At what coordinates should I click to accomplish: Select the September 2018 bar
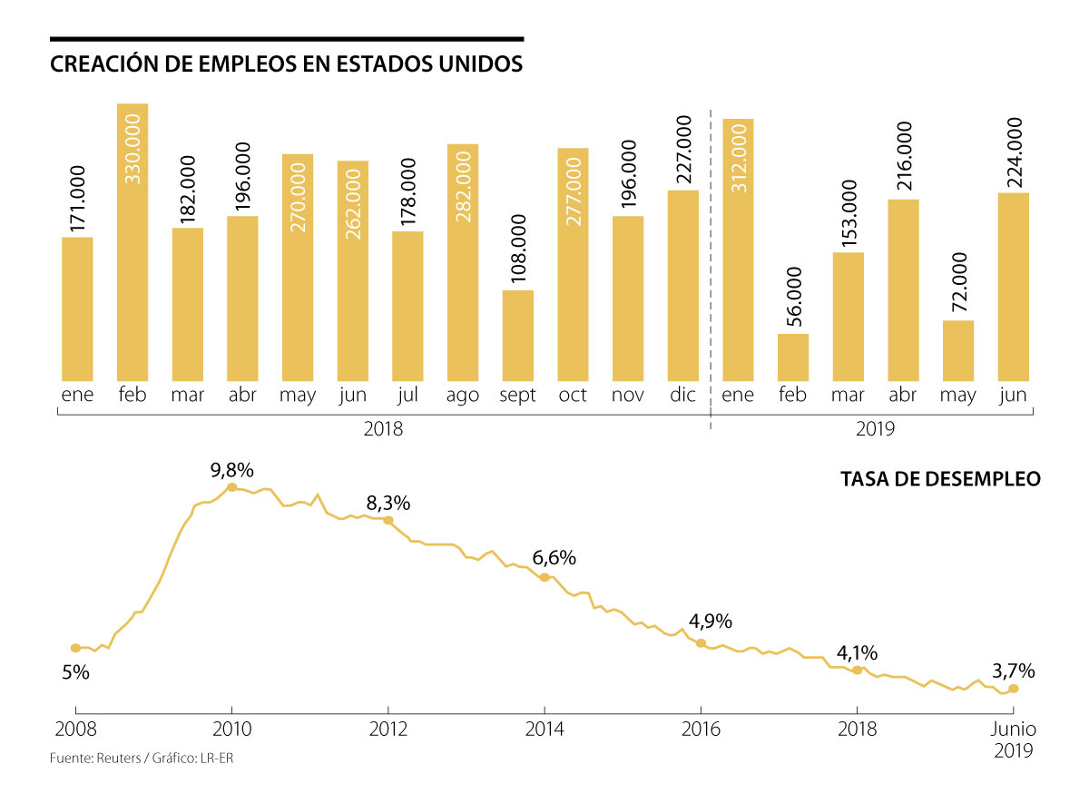517,336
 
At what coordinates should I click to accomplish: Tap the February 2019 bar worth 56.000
793,357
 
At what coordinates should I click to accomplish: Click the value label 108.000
517,250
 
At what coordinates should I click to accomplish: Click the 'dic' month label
682,396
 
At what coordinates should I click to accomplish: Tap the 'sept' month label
517,396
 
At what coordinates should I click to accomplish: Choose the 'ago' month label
462,396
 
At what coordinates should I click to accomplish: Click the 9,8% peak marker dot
231,487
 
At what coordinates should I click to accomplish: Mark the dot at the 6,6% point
544,577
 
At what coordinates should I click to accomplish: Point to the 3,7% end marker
1014,689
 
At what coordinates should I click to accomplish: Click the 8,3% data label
388,503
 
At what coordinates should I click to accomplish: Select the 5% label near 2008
75,673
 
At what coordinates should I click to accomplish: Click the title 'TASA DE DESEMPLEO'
940,478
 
